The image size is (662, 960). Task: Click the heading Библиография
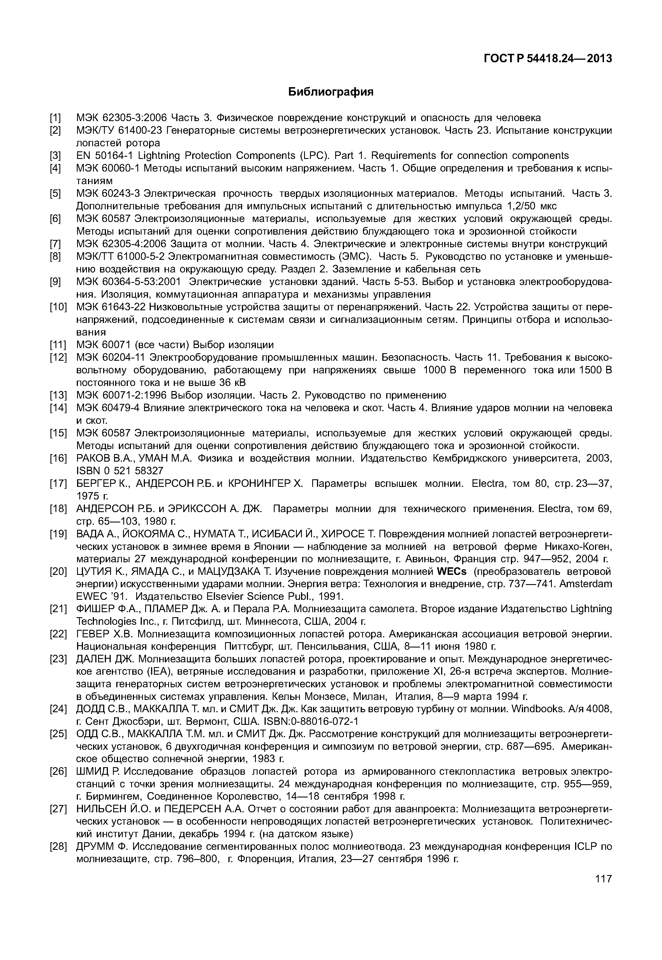331,92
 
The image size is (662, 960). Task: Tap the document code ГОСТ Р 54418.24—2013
548,59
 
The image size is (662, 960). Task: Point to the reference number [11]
58,345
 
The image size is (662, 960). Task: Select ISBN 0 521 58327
120,471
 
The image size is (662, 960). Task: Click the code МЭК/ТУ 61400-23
119,131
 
